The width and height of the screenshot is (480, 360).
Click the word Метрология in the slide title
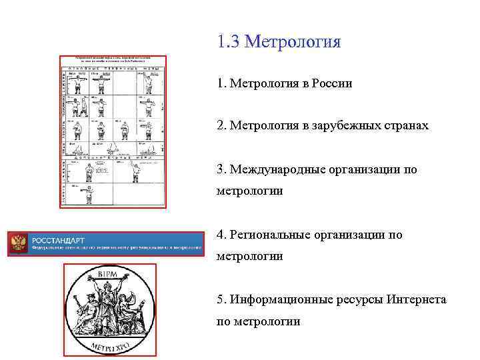click(293, 43)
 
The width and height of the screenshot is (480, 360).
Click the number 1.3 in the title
click(229, 43)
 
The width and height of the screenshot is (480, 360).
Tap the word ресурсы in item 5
click(359, 299)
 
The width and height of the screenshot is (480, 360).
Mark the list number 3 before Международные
click(221, 169)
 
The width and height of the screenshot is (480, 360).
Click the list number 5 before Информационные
click(221, 299)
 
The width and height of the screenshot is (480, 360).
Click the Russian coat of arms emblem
click(19, 243)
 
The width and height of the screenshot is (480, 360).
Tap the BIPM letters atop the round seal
click(109, 274)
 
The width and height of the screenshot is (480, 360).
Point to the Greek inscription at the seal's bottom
click(109, 346)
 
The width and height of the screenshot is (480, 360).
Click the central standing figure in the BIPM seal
click(109, 303)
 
